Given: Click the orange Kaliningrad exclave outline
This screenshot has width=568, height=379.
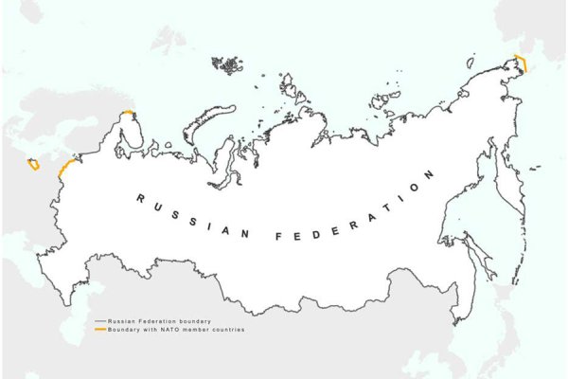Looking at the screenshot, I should pyautogui.click(x=33, y=166).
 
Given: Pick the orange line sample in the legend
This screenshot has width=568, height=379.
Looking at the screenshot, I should pyautogui.click(x=99, y=329).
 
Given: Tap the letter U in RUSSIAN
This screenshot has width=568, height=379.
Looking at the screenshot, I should pyautogui.click(x=156, y=205).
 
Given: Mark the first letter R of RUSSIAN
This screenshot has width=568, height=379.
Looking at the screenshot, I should pyautogui.click(x=140, y=199).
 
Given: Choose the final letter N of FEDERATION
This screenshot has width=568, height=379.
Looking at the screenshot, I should pyautogui.click(x=431, y=174).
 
